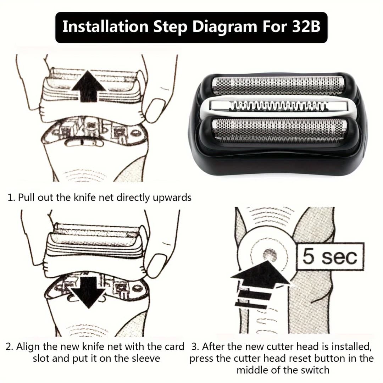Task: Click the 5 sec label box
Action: pos(330,256)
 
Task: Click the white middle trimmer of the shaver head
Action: pos(278,107)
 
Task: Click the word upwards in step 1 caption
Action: pos(172,198)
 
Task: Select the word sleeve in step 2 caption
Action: pos(146,358)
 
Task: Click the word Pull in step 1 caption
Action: pos(27,198)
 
